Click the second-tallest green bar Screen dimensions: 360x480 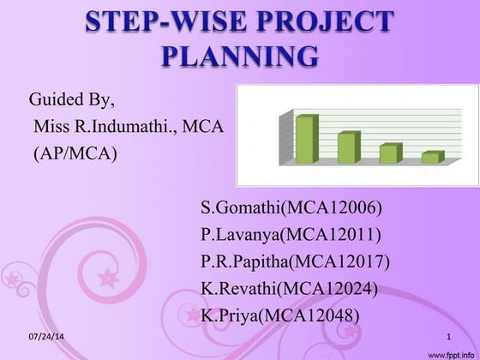[347, 147]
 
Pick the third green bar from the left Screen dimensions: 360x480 [389, 153]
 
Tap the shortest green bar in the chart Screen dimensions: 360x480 [431, 158]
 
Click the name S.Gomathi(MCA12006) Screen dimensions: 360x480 [291, 207]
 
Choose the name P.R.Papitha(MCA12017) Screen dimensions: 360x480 [295, 261]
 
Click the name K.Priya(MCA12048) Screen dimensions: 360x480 [279, 315]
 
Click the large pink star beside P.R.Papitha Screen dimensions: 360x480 [108, 278]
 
